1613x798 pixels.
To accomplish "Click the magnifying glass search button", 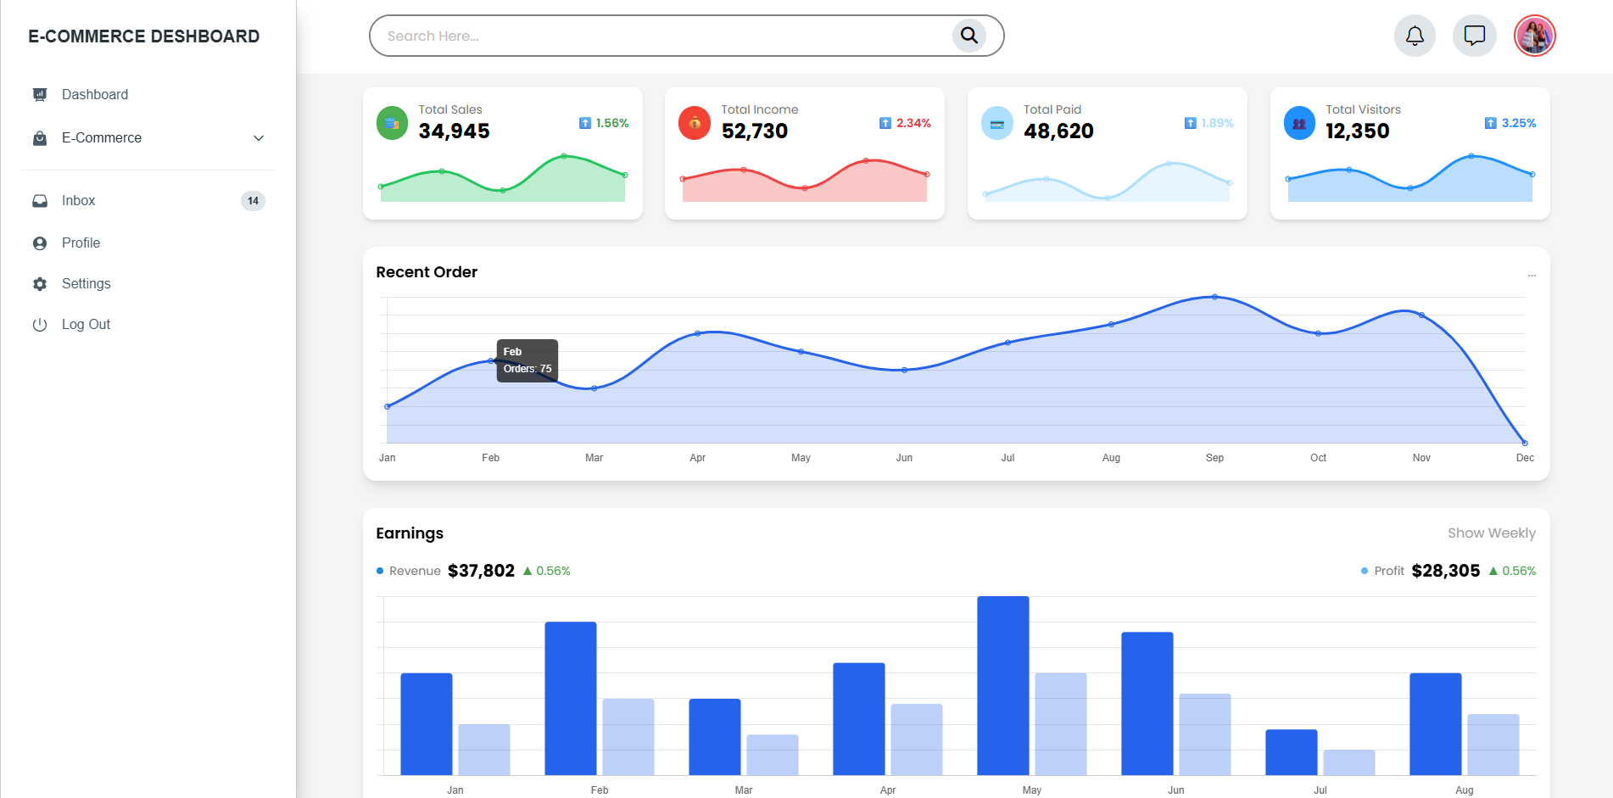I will coord(968,36).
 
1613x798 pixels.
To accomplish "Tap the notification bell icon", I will coord(1415,36).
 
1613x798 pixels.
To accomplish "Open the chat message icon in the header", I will coord(1475,36).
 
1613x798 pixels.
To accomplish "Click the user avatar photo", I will coord(1534,36).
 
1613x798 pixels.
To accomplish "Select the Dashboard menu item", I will coord(95,94).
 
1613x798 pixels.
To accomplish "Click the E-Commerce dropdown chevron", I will coord(259,138).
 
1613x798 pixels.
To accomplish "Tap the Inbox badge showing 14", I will coord(253,201).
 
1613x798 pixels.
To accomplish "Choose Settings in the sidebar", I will coord(86,284).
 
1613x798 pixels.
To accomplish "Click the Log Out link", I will coord(86,325).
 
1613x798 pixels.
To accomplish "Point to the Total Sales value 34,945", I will coord(454,131).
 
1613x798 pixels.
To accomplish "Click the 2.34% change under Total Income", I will coord(913,123).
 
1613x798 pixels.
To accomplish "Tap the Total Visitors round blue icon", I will coord(1299,123).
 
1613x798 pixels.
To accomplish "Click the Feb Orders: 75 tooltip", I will coord(527,360).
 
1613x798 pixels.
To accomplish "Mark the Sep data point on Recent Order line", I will coord(1214,297).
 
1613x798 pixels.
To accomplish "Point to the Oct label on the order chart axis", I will coord(1318,458).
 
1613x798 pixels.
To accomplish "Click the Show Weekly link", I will coord(1491,533).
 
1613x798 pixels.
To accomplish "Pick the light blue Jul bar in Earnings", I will coord(1348,762).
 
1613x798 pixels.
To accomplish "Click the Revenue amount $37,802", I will coord(481,571).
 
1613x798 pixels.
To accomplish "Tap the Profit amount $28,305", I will coord(1445,571).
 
